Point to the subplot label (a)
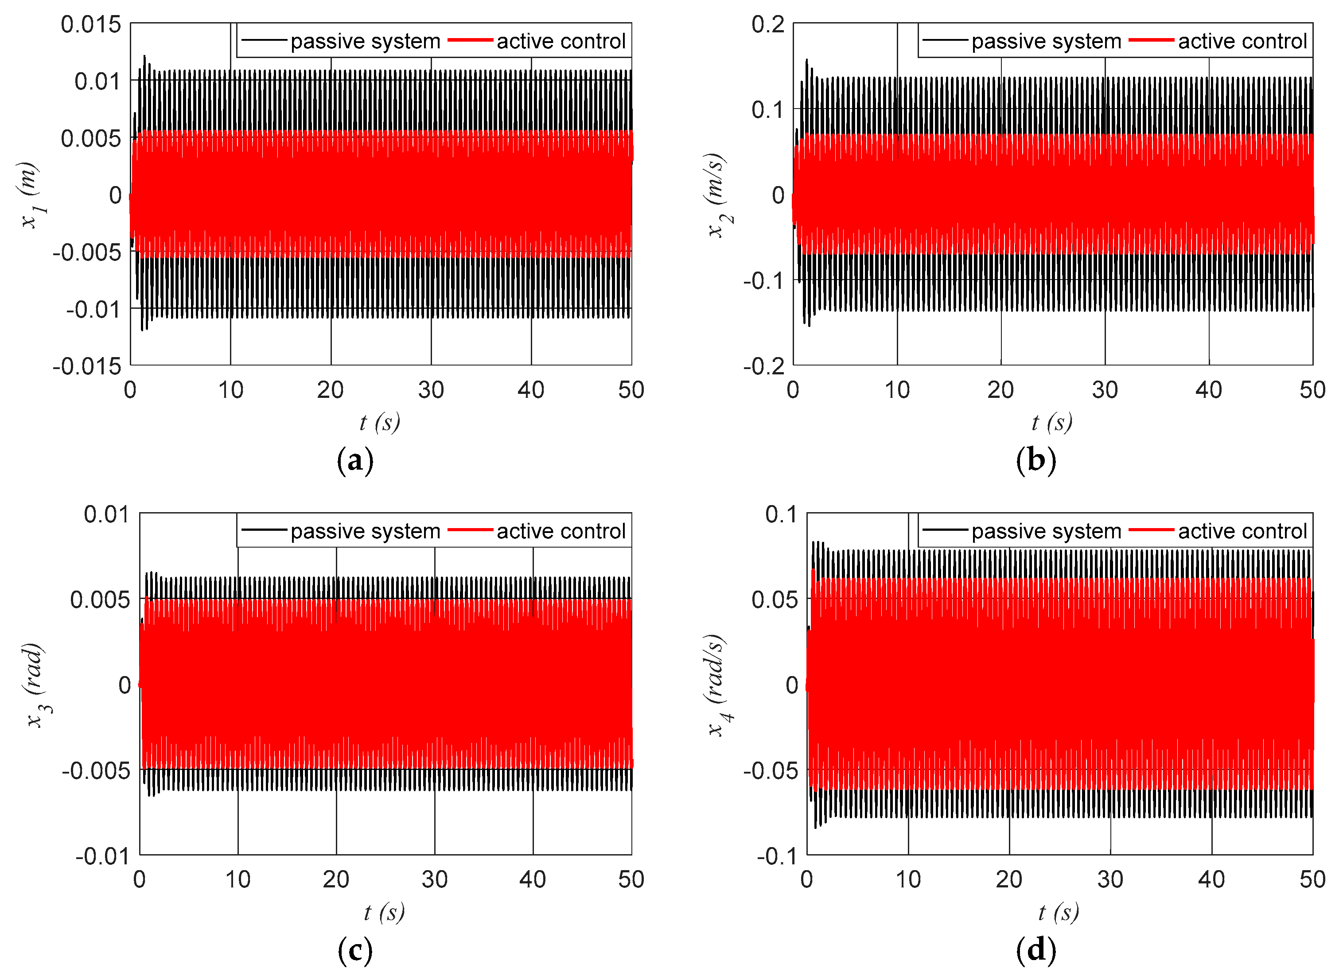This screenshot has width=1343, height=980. [355, 460]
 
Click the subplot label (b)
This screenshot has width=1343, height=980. [1036, 460]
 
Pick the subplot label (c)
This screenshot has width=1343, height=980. [355, 950]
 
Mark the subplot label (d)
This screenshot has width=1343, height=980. [1036, 950]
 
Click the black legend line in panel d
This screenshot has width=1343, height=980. [946, 530]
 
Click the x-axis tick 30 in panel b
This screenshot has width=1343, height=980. [1105, 390]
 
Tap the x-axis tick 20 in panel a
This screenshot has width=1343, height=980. [331, 390]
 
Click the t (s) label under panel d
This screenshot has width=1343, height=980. [1058, 912]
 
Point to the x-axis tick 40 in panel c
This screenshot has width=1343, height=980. [532, 879]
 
